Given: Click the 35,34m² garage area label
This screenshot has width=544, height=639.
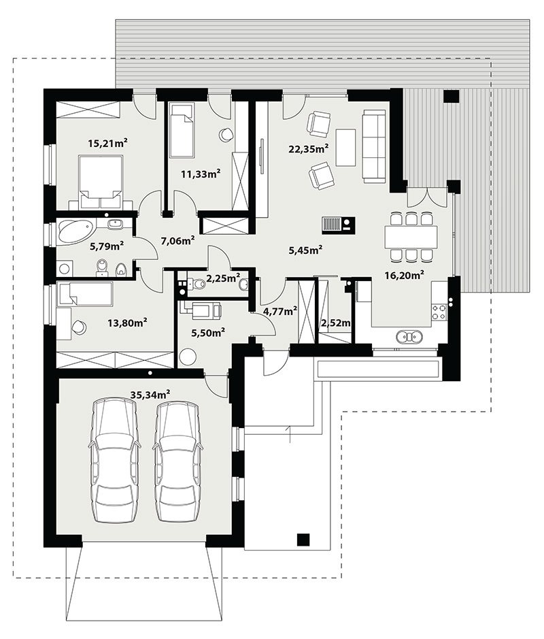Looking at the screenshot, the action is click(x=150, y=395).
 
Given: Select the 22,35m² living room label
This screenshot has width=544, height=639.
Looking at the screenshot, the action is click(x=309, y=149).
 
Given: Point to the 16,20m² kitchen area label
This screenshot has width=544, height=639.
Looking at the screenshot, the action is click(x=405, y=276).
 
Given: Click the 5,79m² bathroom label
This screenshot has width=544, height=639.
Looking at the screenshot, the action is click(x=107, y=246).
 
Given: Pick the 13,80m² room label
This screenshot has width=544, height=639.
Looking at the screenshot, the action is click(x=127, y=323).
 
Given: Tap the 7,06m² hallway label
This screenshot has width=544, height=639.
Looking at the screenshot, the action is click(x=177, y=241).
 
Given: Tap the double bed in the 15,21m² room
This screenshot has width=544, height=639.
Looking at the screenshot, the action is click(x=101, y=182).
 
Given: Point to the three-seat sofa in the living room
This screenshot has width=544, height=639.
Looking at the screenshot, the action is click(x=374, y=146).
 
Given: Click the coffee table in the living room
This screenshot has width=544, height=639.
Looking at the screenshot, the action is click(x=345, y=147).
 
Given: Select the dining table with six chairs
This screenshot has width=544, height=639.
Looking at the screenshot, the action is click(x=411, y=237).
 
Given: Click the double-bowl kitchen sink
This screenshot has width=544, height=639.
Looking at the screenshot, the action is click(x=409, y=337).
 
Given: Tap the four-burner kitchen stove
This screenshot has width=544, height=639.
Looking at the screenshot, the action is click(x=439, y=312).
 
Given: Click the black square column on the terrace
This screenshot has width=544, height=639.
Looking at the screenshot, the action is click(x=451, y=97).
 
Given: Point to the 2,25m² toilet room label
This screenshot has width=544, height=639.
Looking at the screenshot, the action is click(x=223, y=279).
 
